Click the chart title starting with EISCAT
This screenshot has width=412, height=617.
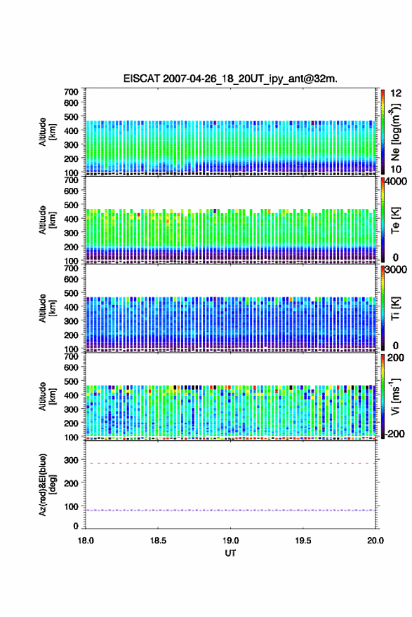[230, 79]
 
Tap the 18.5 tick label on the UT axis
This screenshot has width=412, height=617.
[158, 541]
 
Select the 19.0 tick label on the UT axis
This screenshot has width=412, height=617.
[230, 541]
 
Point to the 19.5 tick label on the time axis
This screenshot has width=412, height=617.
[303, 541]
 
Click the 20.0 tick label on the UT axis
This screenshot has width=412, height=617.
[376, 541]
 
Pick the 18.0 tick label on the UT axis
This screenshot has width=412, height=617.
[86, 541]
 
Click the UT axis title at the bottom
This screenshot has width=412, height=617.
[230, 553]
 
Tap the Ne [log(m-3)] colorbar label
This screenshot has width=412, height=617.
[395, 132]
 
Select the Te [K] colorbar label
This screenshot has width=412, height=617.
[395, 220]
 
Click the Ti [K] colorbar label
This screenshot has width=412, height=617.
[395, 308]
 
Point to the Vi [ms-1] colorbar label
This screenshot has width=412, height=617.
[395, 396]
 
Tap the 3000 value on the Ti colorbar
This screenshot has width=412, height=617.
[397, 269]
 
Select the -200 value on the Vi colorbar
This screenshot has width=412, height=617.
[395, 433]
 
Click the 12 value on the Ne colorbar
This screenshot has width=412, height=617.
[397, 93]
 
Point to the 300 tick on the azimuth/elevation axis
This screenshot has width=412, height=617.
[72, 460]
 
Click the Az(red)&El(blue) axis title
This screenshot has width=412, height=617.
[47, 484]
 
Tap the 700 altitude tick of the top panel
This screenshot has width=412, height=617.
[72, 92]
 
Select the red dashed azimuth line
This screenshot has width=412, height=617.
[230, 463]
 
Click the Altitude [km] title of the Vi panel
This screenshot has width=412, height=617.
[47, 396]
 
